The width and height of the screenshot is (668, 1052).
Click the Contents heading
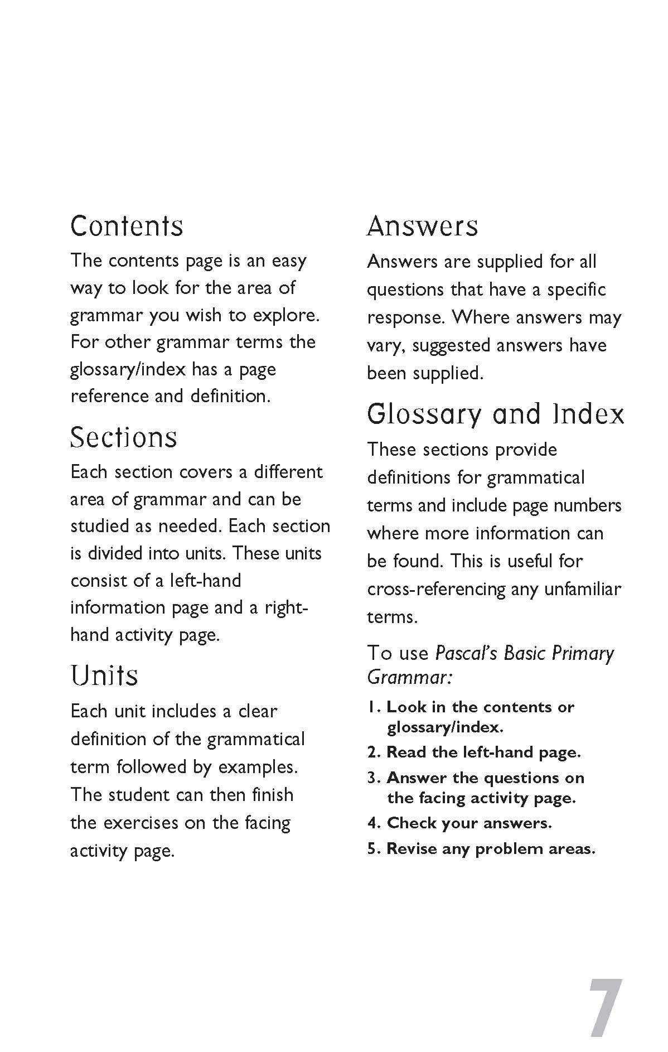(127, 226)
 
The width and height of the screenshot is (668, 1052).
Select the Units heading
(104, 675)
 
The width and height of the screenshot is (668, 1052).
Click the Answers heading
(422, 226)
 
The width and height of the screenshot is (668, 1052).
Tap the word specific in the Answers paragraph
(576, 289)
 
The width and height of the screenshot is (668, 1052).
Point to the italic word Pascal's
(466, 653)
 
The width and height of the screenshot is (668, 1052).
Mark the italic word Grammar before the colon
(406, 678)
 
